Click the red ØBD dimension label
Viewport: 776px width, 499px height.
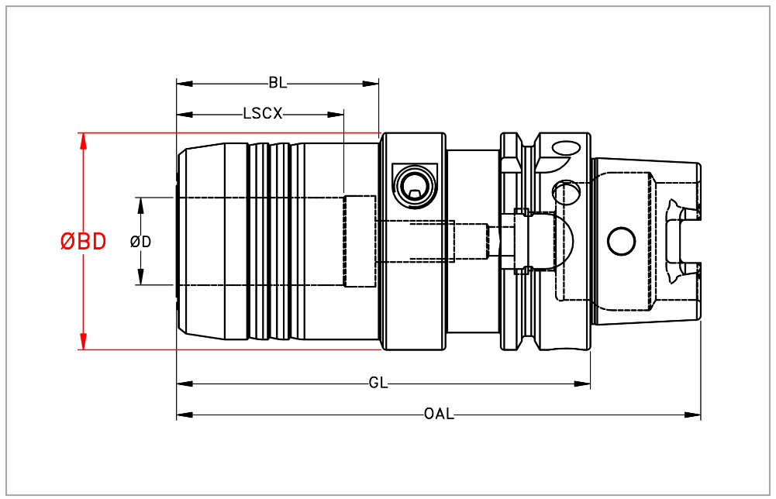click(83, 242)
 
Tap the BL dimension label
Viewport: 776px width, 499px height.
click(278, 83)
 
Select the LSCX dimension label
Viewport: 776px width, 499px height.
click(263, 114)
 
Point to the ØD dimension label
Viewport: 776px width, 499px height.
click(140, 242)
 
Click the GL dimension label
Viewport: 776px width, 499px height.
click(378, 384)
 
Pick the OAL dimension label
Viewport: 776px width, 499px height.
click(439, 414)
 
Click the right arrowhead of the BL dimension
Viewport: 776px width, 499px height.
click(371, 84)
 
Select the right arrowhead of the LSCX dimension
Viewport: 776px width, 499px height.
click(336, 115)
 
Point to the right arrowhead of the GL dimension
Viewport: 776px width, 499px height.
click(582, 384)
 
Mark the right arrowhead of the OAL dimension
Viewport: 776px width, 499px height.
click(693, 415)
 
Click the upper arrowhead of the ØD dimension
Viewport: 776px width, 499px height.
click(140, 206)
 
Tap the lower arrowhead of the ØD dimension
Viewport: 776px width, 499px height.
click(140, 277)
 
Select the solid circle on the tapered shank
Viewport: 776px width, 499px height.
click(621, 242)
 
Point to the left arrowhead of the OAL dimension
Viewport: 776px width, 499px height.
click(185, 415)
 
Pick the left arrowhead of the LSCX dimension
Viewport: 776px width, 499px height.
click(185, 115)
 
